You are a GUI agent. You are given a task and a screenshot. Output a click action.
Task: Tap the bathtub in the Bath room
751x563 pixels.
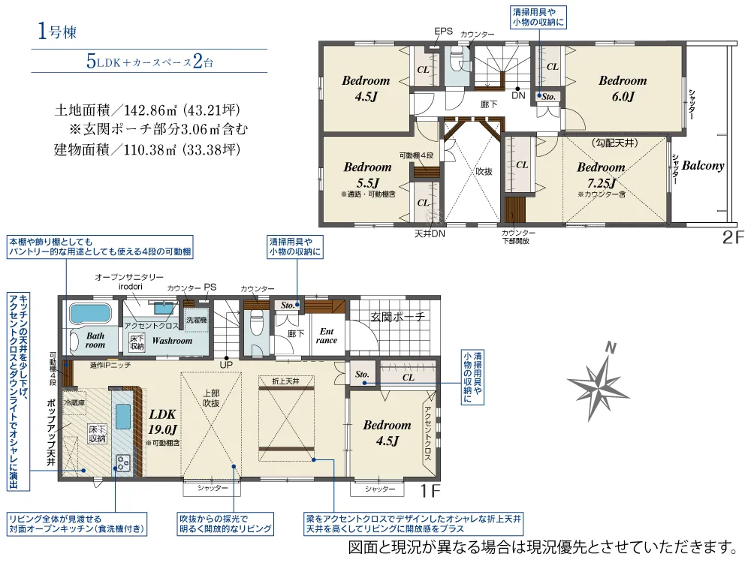pos(90,314)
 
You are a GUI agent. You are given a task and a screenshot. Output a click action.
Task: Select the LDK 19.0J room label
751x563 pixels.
pos(162,422)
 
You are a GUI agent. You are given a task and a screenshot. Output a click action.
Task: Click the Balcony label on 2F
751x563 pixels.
pos(703,166)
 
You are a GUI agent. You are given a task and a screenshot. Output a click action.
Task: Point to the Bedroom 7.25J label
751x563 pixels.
pos(601,175)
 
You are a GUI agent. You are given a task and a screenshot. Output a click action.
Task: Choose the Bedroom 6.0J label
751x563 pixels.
pos(623,89)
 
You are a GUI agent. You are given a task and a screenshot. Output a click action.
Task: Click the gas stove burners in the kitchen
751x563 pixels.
pos(124,463)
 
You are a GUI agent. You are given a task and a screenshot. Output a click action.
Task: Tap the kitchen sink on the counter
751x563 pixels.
pos(122,417)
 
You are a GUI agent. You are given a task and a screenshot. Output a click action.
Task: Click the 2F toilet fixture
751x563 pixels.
pos(457,59)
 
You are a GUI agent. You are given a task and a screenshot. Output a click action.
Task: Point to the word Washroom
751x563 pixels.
pos(172,341)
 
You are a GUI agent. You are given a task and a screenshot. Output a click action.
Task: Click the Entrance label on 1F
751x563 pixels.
pos(327,336)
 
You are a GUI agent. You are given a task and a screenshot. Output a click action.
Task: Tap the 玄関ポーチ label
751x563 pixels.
pos(398,317)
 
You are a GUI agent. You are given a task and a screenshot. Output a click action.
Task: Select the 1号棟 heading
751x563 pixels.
pos(57,32)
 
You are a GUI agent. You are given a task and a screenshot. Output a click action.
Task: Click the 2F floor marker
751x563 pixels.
pos(733,237)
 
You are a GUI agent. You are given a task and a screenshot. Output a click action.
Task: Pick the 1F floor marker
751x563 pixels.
pos(430,490)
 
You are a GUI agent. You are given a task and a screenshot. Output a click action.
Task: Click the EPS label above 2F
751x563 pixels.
pos(444,31)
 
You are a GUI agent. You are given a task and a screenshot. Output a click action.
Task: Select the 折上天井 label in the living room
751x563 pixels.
pos(285,381)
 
